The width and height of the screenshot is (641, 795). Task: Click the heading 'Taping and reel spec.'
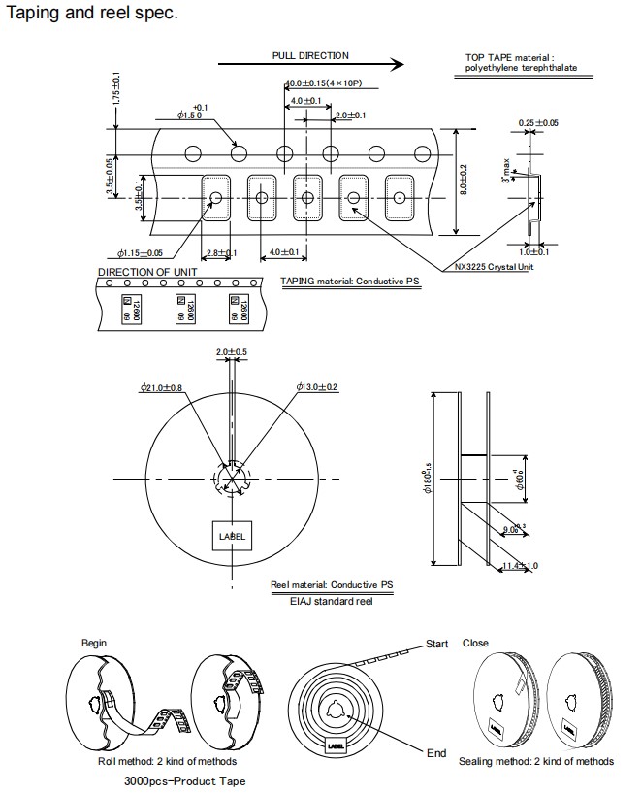91,15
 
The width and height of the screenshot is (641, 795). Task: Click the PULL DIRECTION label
310,56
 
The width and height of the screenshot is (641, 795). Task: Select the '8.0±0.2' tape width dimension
465,181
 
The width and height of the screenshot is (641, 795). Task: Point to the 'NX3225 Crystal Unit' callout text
494,267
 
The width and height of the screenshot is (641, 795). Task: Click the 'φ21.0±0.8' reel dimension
162,388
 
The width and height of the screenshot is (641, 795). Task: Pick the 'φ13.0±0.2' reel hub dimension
317,388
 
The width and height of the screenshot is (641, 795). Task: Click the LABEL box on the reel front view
233,536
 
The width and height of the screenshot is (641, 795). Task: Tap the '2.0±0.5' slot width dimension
232,351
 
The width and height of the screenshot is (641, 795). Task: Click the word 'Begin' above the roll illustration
94,643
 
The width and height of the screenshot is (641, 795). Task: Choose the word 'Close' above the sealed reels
475,643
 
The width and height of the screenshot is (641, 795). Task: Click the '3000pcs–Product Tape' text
184,780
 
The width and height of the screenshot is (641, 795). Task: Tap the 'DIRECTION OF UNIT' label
147,272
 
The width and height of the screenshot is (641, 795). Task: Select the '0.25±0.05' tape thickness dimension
537,123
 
